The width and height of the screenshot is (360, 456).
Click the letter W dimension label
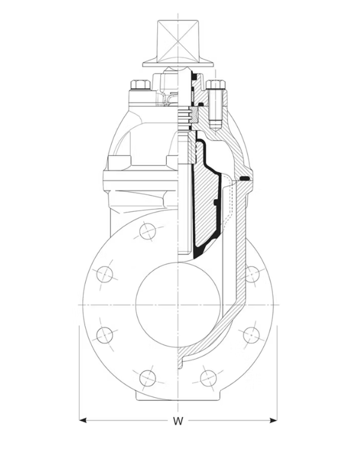coord(178,421)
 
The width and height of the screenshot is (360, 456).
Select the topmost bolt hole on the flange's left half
coord(148,231)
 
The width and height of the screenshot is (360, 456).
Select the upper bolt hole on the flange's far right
coord(251,274)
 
